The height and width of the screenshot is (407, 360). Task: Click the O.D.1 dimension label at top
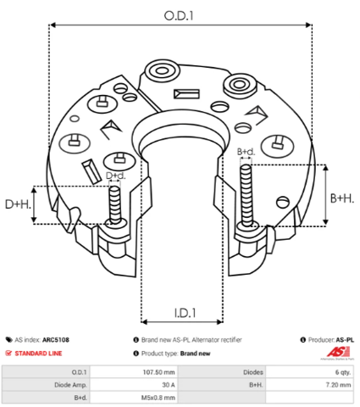179,14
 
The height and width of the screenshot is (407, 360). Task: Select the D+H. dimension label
18,204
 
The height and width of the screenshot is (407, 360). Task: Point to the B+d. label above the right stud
246,152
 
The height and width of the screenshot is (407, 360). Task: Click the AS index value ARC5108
56,339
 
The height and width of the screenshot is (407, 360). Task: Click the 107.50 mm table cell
158,371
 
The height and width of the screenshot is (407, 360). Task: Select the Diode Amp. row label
71,384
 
